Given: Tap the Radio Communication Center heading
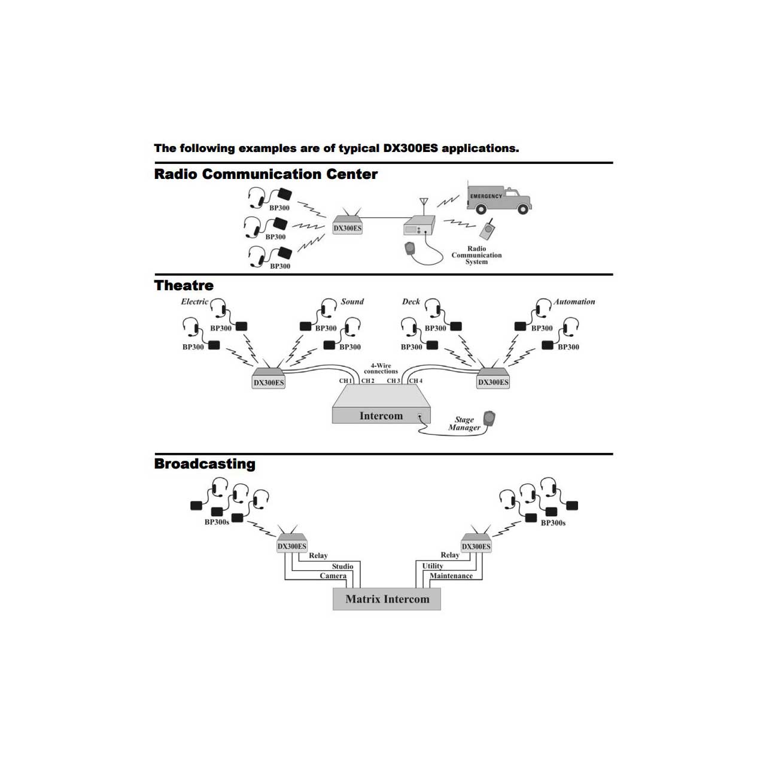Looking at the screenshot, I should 266,174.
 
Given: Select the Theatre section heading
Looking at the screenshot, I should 184,285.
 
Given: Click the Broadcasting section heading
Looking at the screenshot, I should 205,464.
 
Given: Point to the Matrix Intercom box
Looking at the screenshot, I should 387,599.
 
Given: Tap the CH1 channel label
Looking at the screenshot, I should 345,381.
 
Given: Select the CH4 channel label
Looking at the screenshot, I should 416,381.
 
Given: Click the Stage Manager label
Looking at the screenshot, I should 464,424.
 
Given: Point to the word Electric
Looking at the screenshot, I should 194,302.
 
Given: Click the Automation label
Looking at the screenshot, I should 574,302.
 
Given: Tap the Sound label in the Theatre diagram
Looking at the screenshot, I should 352,302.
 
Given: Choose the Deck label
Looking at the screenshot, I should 411,302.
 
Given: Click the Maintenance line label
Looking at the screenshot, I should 451,576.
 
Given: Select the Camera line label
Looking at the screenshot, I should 333,576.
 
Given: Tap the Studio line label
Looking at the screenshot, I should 342,566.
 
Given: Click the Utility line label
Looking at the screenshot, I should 433,566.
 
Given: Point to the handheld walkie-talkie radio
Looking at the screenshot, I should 488,229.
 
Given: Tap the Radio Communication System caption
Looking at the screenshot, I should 476,255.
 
